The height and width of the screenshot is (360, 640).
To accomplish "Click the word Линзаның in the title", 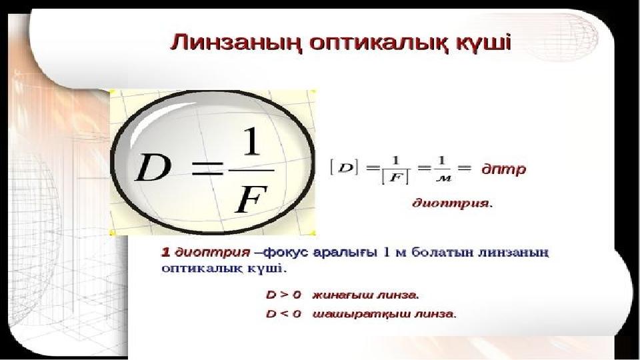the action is point(236,43).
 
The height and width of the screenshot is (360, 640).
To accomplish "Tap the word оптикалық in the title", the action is point(375,43).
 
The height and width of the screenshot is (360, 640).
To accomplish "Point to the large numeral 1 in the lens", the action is point(251,141).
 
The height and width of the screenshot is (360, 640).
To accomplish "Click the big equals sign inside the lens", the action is point(207,168).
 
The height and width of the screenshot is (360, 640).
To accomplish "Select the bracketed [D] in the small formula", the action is point(345,167).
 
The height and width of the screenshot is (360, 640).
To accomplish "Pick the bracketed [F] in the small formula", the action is point(395,177).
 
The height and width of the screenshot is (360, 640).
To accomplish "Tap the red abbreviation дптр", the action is point(504,169).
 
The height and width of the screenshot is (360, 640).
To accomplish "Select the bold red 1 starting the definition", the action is point(166,253).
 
